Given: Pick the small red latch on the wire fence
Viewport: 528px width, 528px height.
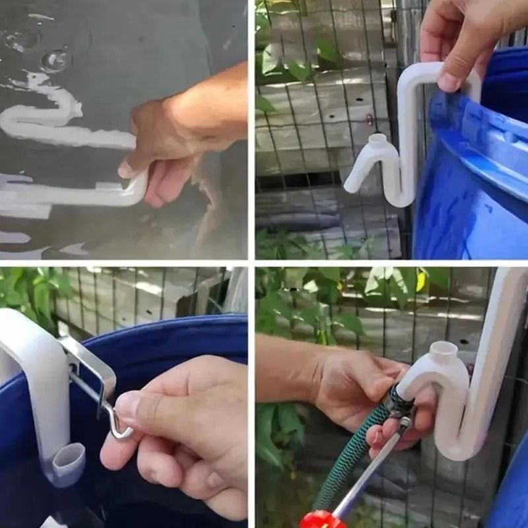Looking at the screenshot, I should (x=370, y=121).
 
